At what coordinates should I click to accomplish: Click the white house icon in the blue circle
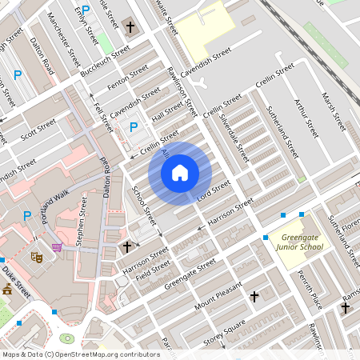[180, 172]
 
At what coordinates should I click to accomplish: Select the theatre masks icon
[36, 257]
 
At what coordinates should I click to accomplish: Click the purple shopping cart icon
[57, 247]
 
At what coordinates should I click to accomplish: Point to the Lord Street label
[214, 189]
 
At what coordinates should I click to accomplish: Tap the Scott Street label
[38, 128]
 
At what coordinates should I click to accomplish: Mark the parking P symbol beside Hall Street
[134, 126]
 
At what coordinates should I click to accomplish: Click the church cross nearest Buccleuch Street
[130, 27]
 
